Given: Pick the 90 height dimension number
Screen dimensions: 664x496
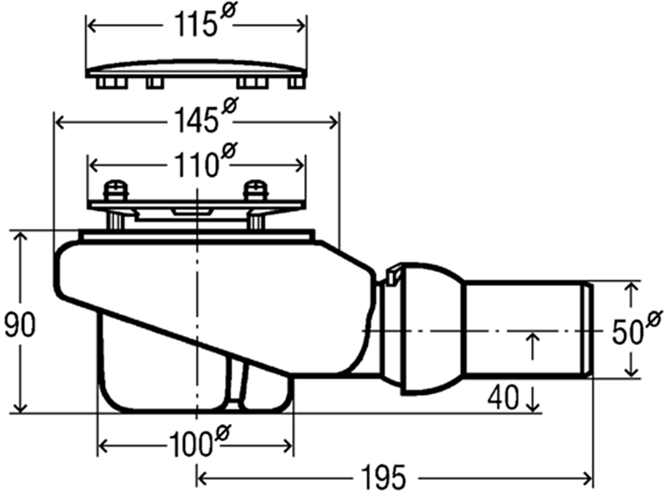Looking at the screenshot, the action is [19, 324].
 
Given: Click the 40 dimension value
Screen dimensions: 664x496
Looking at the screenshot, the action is [502, 398].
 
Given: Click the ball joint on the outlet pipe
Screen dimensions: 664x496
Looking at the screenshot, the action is [432, 328].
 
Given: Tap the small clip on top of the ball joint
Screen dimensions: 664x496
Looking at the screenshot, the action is [393, 275].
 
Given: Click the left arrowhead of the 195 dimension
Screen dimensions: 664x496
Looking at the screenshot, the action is [203, 479].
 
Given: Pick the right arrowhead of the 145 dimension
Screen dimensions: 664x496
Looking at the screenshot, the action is [334, 123].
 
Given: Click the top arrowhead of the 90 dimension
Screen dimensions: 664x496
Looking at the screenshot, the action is [20, 237].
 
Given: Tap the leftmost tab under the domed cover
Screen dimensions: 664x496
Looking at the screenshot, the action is [112, 82].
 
